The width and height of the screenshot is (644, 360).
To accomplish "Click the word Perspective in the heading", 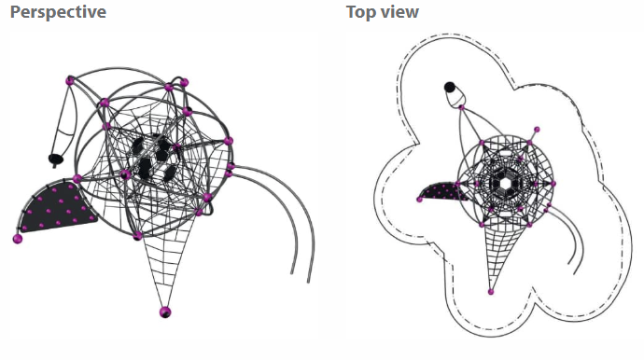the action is (x=58, y=12).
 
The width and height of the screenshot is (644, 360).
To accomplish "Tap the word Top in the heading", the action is (x=359, y=12).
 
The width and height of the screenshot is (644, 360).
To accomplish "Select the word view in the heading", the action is (x=398, y=12).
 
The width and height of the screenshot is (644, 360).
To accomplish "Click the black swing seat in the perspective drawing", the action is (x=56, y=159).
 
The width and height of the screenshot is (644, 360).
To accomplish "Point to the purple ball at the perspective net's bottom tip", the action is (x=165, y=312).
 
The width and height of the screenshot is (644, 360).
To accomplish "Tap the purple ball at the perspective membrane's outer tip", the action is (x=18, y=239).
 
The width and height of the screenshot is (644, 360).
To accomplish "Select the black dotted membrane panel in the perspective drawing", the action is (x=58, y=206).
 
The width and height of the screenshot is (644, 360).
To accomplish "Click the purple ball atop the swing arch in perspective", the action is (x=70, y=81).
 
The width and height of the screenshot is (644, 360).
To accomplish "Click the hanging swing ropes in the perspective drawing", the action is (x=65, y=119).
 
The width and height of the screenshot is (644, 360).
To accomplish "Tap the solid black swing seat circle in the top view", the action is (x=450, y=87).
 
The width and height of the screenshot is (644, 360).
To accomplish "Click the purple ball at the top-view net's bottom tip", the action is (x=490, y=292).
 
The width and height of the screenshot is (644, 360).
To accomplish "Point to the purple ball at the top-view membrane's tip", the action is (x=419, y=200).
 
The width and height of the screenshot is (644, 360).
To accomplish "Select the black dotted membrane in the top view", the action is (x=442, y=192).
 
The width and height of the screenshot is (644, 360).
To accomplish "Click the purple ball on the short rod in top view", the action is (x=537, y=130).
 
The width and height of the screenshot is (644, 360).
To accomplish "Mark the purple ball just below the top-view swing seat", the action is (x=462, y=107).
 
